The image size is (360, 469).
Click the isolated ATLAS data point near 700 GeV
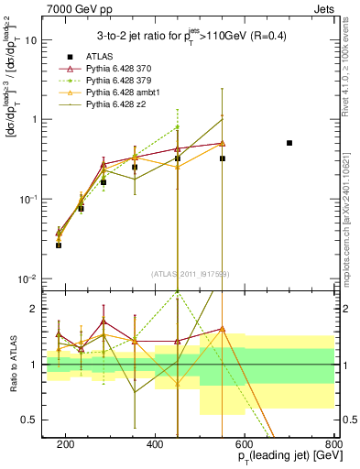click(x=289, y=143)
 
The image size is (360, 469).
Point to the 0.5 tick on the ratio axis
click(x=29, y=420)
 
